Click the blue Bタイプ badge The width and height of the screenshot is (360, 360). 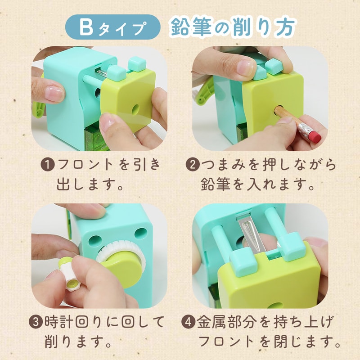[113, 27]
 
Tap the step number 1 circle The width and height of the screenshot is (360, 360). [48, 165]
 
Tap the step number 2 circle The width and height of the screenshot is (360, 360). [192, 165]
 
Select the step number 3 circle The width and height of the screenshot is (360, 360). [36, 322]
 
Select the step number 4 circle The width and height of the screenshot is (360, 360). [188, 322]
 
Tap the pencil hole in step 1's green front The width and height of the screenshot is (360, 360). [136, 108]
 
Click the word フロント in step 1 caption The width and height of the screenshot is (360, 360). [85, 165]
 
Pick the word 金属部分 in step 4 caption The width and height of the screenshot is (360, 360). [226, 322]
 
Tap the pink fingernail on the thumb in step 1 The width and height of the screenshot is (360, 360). [54, 94]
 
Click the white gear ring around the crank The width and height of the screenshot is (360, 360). [119, 250]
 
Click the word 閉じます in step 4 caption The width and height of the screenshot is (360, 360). [307, 342]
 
